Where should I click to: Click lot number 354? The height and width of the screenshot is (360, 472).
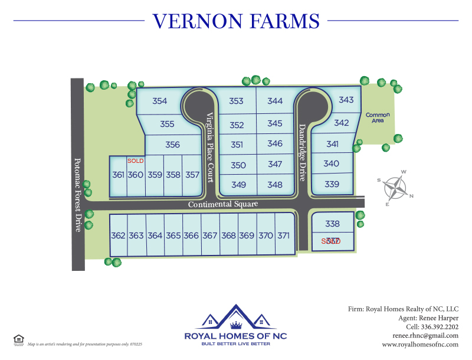(x=159, y=101)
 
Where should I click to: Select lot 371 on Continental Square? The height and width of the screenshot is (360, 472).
(x=284, y=235)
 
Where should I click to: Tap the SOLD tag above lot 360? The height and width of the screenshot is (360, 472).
(x=136, y=161)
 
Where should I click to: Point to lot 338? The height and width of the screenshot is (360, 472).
(x=333, y=224)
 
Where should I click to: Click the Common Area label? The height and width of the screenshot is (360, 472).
(x=378, y=117)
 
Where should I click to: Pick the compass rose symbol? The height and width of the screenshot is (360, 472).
(x=396, y=188)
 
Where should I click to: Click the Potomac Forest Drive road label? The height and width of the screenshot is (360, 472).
(x=77, y=195)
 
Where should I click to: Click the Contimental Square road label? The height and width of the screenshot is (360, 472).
(x=223, y=204)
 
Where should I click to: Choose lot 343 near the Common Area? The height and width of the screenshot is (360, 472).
(x=346, y=100)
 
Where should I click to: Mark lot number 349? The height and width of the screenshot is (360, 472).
(x=238, y=185)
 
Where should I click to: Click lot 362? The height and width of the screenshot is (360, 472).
(x=118, y=235)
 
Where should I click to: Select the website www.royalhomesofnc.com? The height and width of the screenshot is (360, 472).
(x=420, y=344)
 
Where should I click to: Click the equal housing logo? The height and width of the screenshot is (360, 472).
(x=18, y=339)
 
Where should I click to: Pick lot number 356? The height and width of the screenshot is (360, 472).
(x=172, y=145)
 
